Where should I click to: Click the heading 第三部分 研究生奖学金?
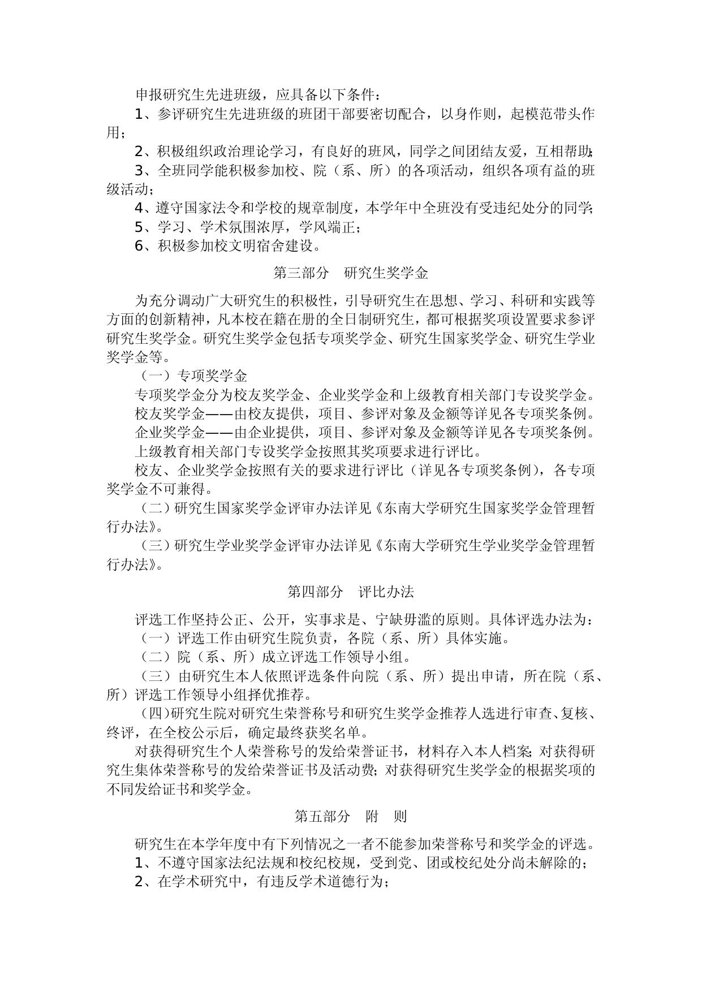(351, 273)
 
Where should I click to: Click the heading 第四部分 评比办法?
(351, 592)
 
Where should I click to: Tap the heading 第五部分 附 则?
(351, 816)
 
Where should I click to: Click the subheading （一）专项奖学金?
(193, 376)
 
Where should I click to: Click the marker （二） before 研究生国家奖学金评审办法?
(156, 508)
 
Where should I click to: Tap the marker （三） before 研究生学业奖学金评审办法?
(156, 545)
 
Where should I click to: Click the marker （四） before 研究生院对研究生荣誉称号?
(156, 714)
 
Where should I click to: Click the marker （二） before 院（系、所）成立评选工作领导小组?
(156, 657)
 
